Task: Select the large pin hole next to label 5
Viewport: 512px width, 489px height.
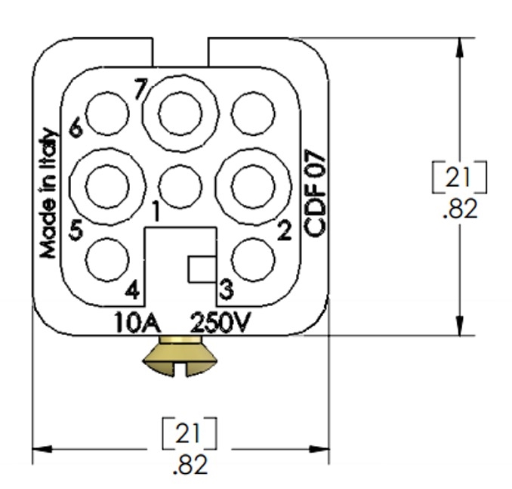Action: [x=107, y=185]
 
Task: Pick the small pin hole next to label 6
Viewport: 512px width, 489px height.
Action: [x=107, y=115]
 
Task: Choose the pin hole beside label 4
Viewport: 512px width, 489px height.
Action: [x=107, y=259]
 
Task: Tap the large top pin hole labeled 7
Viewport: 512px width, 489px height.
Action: [x=180, y=113]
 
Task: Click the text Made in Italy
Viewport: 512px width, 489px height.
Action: [x=48, y=193]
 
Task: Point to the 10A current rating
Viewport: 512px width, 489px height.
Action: [x=136, y=323]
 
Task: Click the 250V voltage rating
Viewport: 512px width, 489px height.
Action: [x=221, y=323]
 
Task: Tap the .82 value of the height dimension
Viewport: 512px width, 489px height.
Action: [x=459, y=209]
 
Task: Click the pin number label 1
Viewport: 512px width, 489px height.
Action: [x=154, y=213]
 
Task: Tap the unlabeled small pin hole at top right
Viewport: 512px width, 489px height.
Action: [x=253, y=115]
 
